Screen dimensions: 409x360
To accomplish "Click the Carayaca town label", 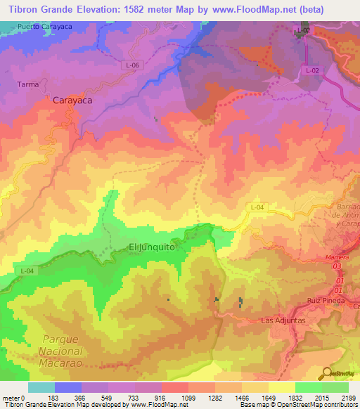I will coord(72,100).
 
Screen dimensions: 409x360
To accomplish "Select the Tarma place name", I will coord(27,84).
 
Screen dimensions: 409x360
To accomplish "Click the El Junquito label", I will coord(151,247).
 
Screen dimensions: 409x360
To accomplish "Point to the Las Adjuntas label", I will coord(283,320).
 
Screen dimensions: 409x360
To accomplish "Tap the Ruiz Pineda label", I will coord(325,301).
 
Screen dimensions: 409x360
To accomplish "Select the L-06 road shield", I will coord(130,65).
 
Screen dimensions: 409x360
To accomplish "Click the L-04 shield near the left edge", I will coord(27,271).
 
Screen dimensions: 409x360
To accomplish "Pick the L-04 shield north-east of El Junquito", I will coord(257,207).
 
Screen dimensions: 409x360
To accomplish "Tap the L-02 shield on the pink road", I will coord(313,71).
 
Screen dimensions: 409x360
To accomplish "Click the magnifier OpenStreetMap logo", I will coord(325,373).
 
